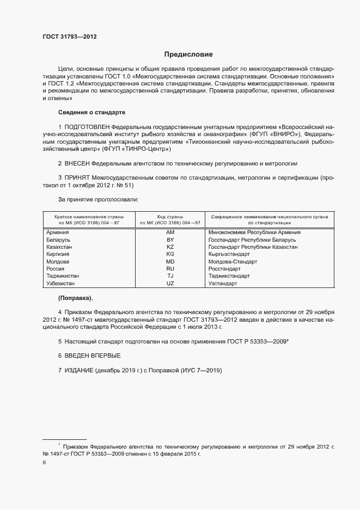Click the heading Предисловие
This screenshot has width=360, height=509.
tap(189, 54)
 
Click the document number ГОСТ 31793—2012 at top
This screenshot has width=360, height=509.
tap(70, 36)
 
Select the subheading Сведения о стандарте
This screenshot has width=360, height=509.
tap(91, 112)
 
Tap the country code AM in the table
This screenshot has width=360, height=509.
tap(170, 232)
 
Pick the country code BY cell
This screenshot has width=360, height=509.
tap(170, 240)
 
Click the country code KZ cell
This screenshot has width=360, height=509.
tap(170, 247)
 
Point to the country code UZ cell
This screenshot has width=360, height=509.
tap(170, 284)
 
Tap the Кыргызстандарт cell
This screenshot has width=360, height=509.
tap(229, 254)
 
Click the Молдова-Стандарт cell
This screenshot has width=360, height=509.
tap(233, 261)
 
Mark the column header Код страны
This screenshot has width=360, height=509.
tap(170, 216)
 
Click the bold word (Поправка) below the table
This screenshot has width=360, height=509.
tap(76, 298)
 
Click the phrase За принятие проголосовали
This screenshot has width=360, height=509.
tap(98, 200)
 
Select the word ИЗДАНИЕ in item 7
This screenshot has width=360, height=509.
tap(79, 370)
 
